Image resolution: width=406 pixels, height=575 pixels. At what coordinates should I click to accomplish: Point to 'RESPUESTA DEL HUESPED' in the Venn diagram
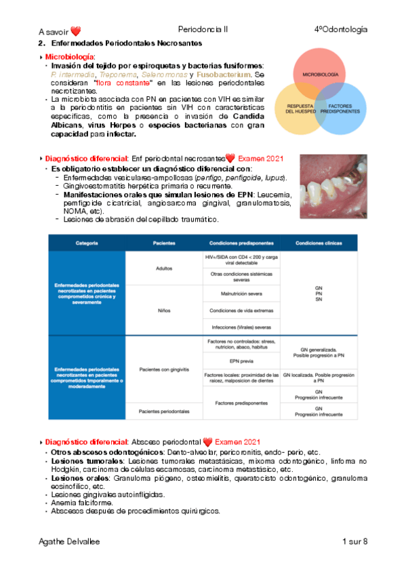click(x=300, y=108)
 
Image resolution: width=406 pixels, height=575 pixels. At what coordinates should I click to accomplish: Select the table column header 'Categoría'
click(x=87, y=243)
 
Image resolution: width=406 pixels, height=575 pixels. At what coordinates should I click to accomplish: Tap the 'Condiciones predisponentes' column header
click(x=241, y=243)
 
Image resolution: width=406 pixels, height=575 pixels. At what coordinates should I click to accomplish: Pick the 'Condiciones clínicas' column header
click(x=319, y=243)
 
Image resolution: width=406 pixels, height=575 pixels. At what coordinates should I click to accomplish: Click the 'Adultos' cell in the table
click(x=164, y=268)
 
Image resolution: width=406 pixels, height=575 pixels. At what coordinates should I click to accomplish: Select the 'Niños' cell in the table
click(x=164, y=310)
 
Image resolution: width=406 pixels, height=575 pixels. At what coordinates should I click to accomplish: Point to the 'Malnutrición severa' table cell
click(x=241, y=295)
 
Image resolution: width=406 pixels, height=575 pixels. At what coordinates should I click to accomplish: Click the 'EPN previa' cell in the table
click(x=241, y=361)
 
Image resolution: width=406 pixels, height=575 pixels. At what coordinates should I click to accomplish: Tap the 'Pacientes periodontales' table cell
click(x=164, y=412)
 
